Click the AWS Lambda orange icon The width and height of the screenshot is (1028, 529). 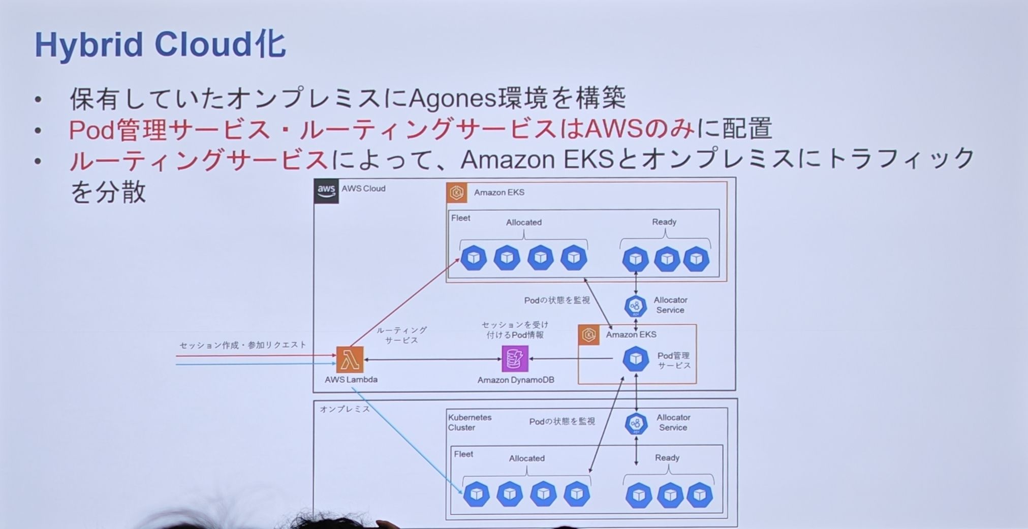point(350,360)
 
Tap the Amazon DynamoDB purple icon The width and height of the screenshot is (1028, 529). point(515,359)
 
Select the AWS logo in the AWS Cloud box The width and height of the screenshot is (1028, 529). point(326,191)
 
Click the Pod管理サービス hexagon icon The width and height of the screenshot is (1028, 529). point(636,359)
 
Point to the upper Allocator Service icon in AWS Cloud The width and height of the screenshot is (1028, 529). point(635,306)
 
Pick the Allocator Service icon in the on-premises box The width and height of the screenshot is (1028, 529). point(636,424)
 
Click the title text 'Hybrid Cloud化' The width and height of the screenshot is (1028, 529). point(160,45)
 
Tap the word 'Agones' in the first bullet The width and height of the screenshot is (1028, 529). point(451,99)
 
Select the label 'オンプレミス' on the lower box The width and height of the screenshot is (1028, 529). point(345,409)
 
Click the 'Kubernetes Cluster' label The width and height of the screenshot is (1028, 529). point(470,422)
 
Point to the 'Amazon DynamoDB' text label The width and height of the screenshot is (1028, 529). point(516,380)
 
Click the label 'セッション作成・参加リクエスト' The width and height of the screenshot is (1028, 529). point(243,345)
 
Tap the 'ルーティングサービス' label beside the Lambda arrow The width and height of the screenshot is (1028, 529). point(401,335)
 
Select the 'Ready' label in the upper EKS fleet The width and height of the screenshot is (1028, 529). point(664,222)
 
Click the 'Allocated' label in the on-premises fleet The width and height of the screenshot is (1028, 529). point(526,458)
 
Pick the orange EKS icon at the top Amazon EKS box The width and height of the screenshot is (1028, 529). point(457,193)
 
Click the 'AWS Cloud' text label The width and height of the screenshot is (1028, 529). point(363,189)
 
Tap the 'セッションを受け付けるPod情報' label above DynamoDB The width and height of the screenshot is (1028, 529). point(515,329)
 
